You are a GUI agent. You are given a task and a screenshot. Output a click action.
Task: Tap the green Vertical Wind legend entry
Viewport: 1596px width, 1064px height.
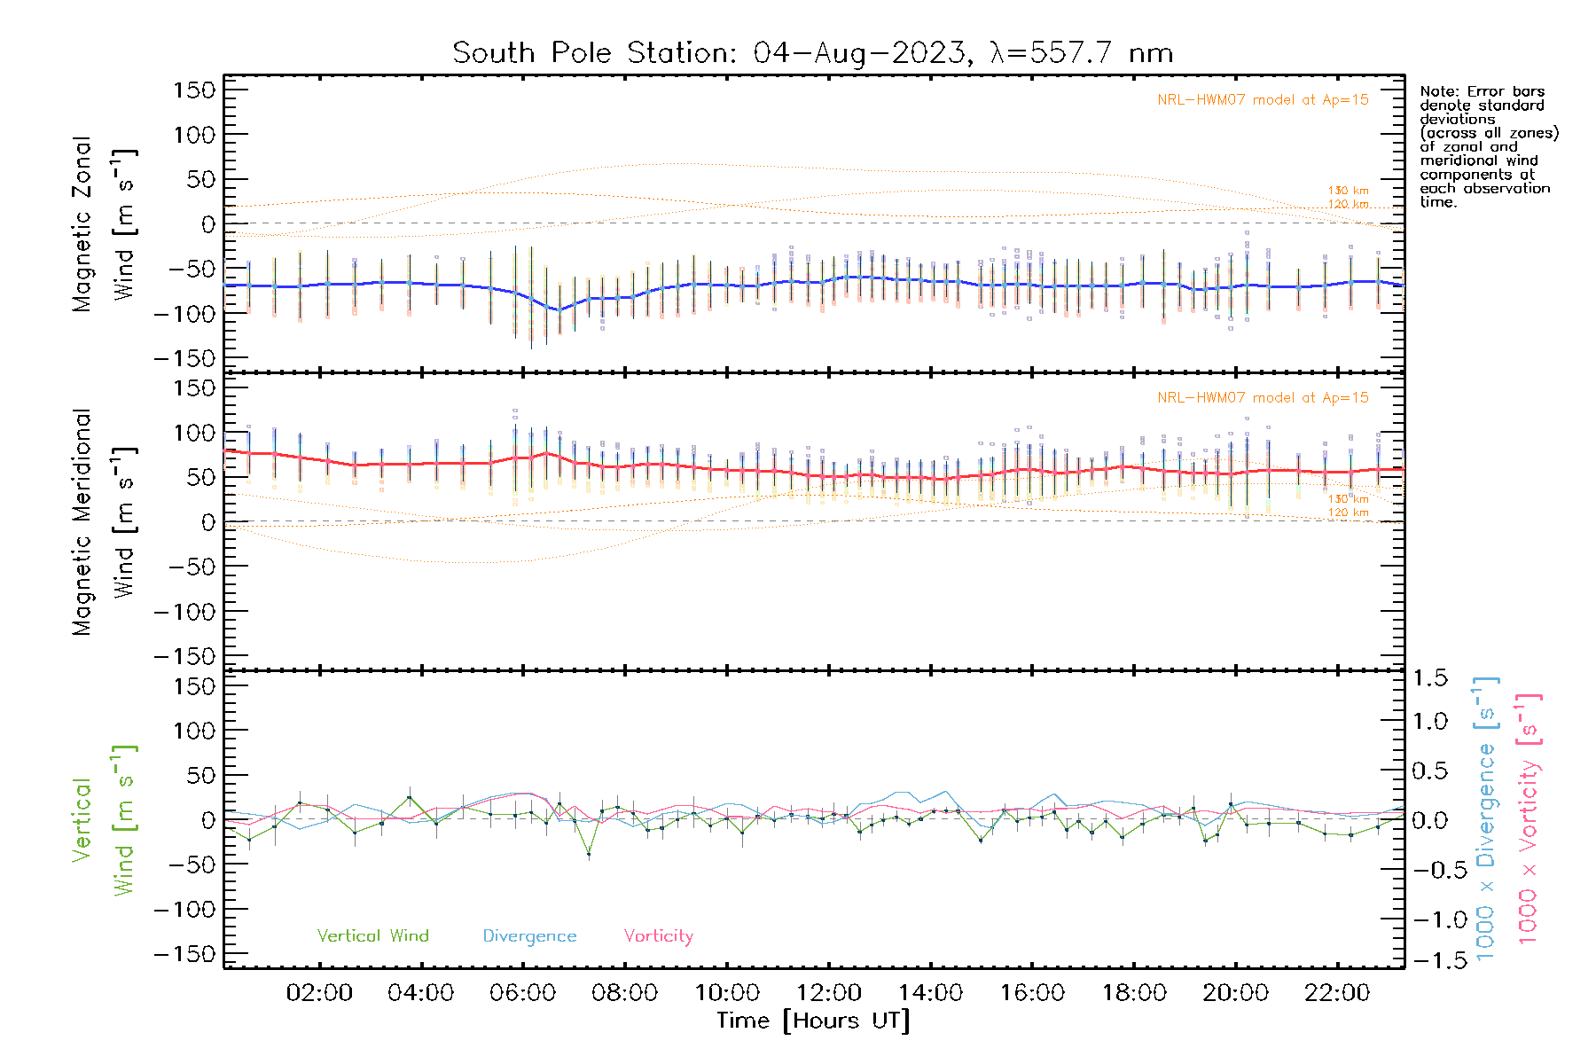(x=372, y=936)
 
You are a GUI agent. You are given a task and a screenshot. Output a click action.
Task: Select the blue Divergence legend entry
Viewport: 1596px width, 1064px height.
(x=529, y=936)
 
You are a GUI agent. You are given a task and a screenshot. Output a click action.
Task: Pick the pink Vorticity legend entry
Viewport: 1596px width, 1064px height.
(x=658, y=936)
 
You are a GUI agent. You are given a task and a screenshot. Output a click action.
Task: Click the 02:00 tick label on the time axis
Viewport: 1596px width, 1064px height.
(x=319, y=993)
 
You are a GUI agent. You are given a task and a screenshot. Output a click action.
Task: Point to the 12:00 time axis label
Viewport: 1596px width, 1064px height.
(x=828, y=993)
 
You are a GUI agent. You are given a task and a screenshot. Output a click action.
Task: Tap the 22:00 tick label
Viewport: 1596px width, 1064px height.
(x=1337, y=993)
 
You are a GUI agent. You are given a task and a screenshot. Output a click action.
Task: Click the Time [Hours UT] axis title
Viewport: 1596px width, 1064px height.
(x=813, y=1021)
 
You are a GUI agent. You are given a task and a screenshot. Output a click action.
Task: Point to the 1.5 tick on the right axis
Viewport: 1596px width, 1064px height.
(x=1429, y=678)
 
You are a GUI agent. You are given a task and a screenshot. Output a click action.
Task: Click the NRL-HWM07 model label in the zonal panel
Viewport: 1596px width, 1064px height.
(x=1263, y=100)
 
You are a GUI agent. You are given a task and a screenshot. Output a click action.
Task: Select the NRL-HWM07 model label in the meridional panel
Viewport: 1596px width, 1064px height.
(x=1263, y=398)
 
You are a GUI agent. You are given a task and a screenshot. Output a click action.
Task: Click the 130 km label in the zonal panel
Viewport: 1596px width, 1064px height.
(x=1348, y=191)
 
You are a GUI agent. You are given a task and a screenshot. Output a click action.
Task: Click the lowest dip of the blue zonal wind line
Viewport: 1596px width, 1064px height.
(x=558, y=310)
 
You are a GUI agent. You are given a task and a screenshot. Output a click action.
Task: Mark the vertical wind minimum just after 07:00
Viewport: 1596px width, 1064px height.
(x=589, y=854)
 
